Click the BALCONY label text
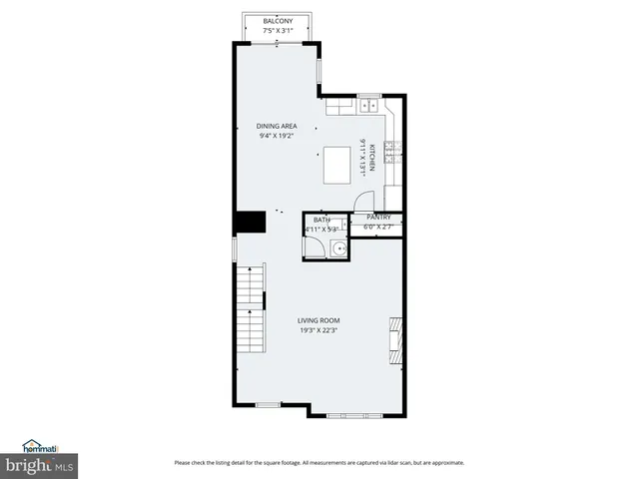278,21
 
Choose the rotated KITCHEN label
371,158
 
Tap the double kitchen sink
367,103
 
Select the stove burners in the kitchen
394,150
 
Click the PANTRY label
378,217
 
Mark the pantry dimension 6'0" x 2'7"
378,227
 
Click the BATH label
321,220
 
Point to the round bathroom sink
340,250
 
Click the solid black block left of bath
248,222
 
